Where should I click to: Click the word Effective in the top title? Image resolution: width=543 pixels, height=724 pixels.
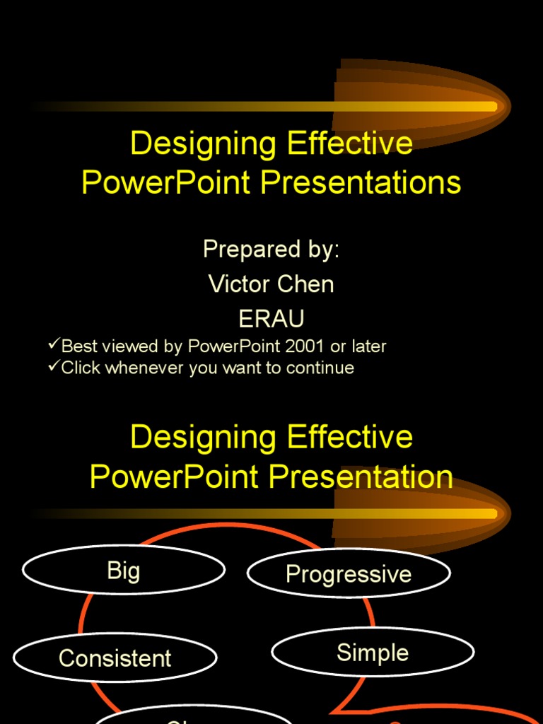click(350, 144)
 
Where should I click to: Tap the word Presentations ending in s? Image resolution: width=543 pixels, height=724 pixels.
click(361, 182)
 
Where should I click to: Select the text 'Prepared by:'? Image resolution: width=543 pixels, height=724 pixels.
click(271, 250)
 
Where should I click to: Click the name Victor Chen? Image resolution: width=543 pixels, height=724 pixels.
click(271, 284)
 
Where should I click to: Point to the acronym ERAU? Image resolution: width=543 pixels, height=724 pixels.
click(271, 319)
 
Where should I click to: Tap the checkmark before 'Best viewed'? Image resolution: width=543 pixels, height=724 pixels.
click(54, 345)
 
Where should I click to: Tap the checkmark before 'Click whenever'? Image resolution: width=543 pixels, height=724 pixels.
click(54, 367)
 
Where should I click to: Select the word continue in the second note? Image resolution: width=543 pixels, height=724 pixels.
click(322, 368)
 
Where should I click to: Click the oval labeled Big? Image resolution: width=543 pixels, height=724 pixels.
click(124, 571)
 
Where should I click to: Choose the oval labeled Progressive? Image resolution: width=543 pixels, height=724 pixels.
click(348, 573)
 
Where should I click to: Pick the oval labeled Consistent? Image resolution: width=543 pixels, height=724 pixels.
click(115, 658)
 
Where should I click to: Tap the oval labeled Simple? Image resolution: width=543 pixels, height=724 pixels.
click(373, 653)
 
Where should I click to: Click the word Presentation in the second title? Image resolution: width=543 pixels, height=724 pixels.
click(361, 477)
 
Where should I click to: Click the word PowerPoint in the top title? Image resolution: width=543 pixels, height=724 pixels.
click(166, 182)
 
